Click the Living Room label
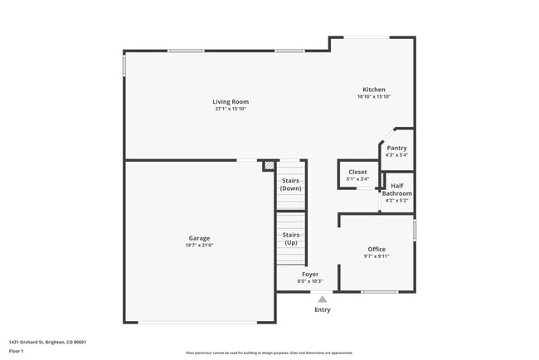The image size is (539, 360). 231,102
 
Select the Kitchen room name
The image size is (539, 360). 373,90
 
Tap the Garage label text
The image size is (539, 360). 198,238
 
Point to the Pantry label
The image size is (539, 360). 396,148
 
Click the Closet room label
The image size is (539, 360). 357,172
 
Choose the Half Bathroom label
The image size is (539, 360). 396,190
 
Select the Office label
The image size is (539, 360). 376,249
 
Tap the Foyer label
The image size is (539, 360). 309,274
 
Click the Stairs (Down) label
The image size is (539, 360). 291,184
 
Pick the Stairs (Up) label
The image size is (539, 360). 291,239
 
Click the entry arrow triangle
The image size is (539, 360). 323,299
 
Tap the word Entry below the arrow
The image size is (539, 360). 323,310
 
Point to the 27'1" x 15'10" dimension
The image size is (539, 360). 231,109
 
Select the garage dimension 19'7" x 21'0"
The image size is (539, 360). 198,246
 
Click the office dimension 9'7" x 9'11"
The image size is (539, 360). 376,256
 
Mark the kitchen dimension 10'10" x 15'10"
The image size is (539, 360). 373,97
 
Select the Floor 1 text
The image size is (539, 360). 17,351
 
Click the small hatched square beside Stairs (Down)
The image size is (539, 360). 268,166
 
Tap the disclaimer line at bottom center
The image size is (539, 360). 269,353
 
